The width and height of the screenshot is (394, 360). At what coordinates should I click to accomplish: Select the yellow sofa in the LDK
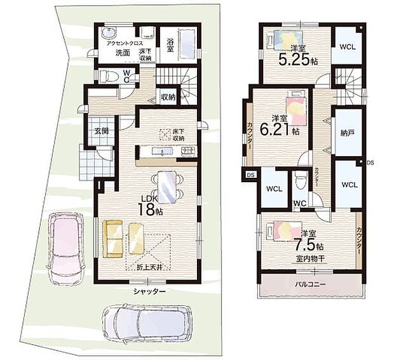click(x=113, y=239)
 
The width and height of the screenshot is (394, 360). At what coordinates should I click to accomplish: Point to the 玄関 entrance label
click(x=102, y=131)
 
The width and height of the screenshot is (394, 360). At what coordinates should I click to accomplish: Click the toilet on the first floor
click(x=112, y=77)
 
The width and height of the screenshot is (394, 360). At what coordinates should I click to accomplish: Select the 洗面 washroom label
click(x=123, y=54)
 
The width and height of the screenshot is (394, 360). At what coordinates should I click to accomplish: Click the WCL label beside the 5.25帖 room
click(x=347, y=47)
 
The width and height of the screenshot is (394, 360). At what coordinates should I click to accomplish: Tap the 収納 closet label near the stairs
click(x=168, y=97)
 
